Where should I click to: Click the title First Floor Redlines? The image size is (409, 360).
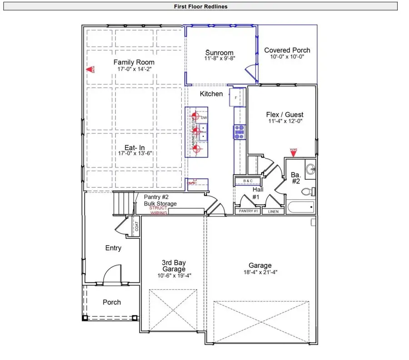pos(200,6)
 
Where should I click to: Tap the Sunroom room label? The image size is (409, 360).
pos(219,53)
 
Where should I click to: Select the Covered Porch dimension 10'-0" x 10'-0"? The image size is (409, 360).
pos(287,57)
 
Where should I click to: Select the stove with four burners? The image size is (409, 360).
pos(239,132)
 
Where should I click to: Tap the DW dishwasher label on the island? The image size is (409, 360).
pos(204,118)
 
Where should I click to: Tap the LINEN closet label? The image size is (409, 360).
pos(273,211)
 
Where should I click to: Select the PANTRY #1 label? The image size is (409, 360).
pos(249,211)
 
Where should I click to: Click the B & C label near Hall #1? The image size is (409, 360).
pos(248,181)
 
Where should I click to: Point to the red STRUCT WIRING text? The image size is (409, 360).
pos(158,210)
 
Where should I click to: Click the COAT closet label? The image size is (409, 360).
pos(136,226)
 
